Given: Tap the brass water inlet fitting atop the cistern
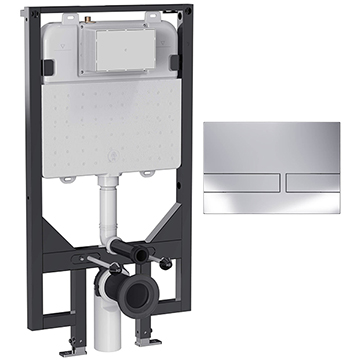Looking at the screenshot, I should pyautogui.click(x=92, y=17).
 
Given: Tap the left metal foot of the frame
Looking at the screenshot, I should pyautogui.click(x=70, y=350).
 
